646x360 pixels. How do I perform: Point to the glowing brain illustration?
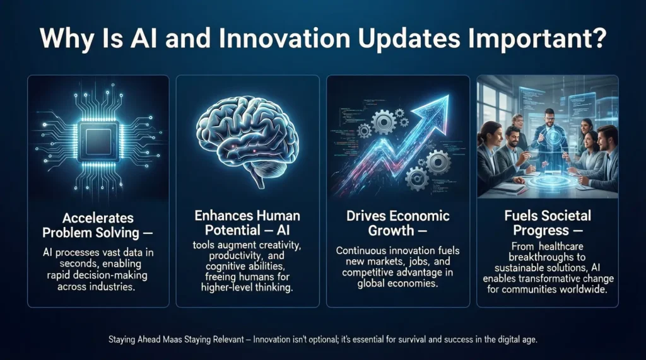247,132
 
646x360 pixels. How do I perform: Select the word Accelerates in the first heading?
98,218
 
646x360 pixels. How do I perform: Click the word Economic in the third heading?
421,216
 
